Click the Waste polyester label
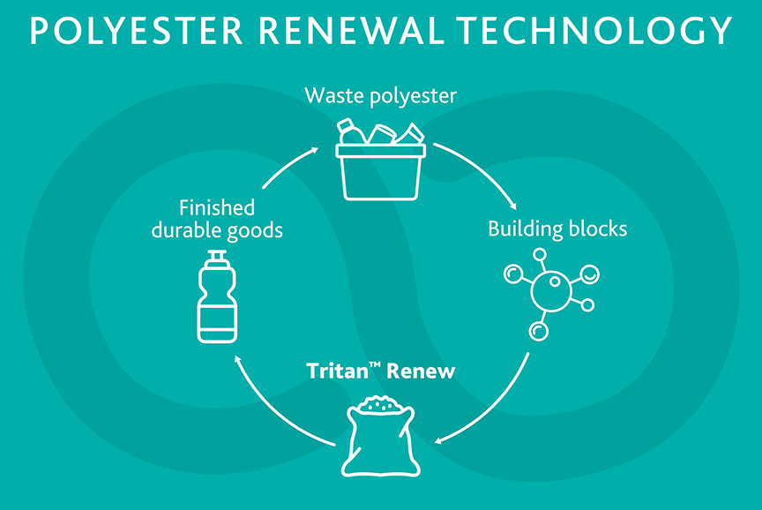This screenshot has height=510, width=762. pyautogui.click(x=380, y=95)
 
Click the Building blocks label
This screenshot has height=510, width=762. pyautogui.click(x=557, y=229)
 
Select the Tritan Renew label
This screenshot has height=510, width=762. pyautogui.click(x=381, y=371)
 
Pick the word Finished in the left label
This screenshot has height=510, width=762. pyautogui.click(x=217, y=208)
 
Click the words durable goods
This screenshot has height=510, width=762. pyautogui.click(x=217, y=230)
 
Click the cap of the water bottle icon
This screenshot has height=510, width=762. pyautogui.click(x=217, y=259)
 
